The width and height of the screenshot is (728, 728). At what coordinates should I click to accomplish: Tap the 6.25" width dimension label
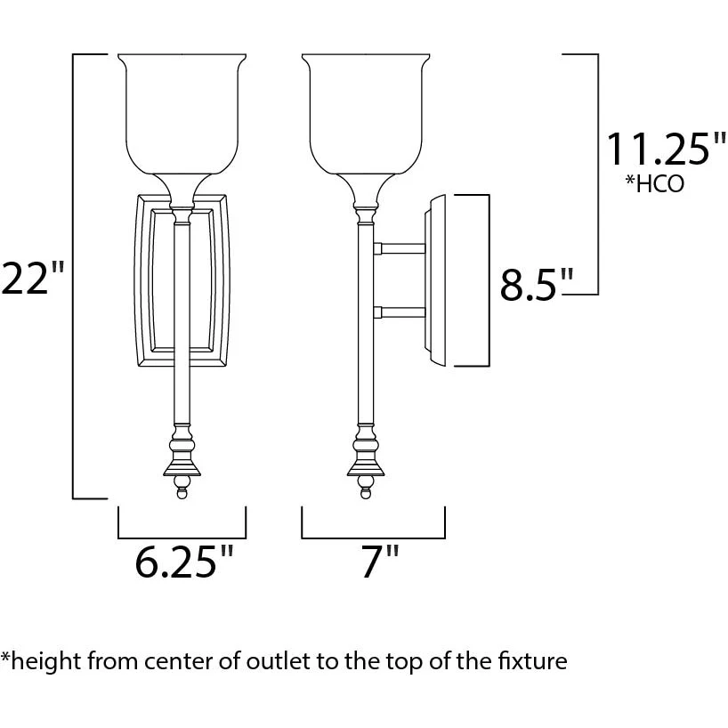point(184,562)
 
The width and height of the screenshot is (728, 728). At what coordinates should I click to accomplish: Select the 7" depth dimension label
point(380,562)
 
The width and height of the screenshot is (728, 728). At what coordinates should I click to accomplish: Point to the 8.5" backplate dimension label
point(537,284)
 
